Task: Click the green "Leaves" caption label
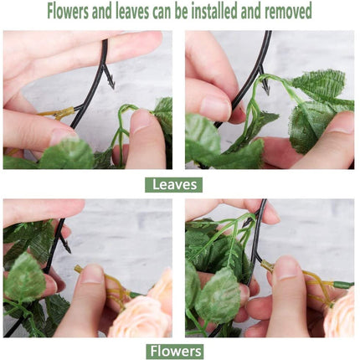tap(173, 184)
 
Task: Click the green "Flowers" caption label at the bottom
tap(174, 351)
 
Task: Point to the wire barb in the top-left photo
tap(109, 80)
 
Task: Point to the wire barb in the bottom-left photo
tap(64, 244)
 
